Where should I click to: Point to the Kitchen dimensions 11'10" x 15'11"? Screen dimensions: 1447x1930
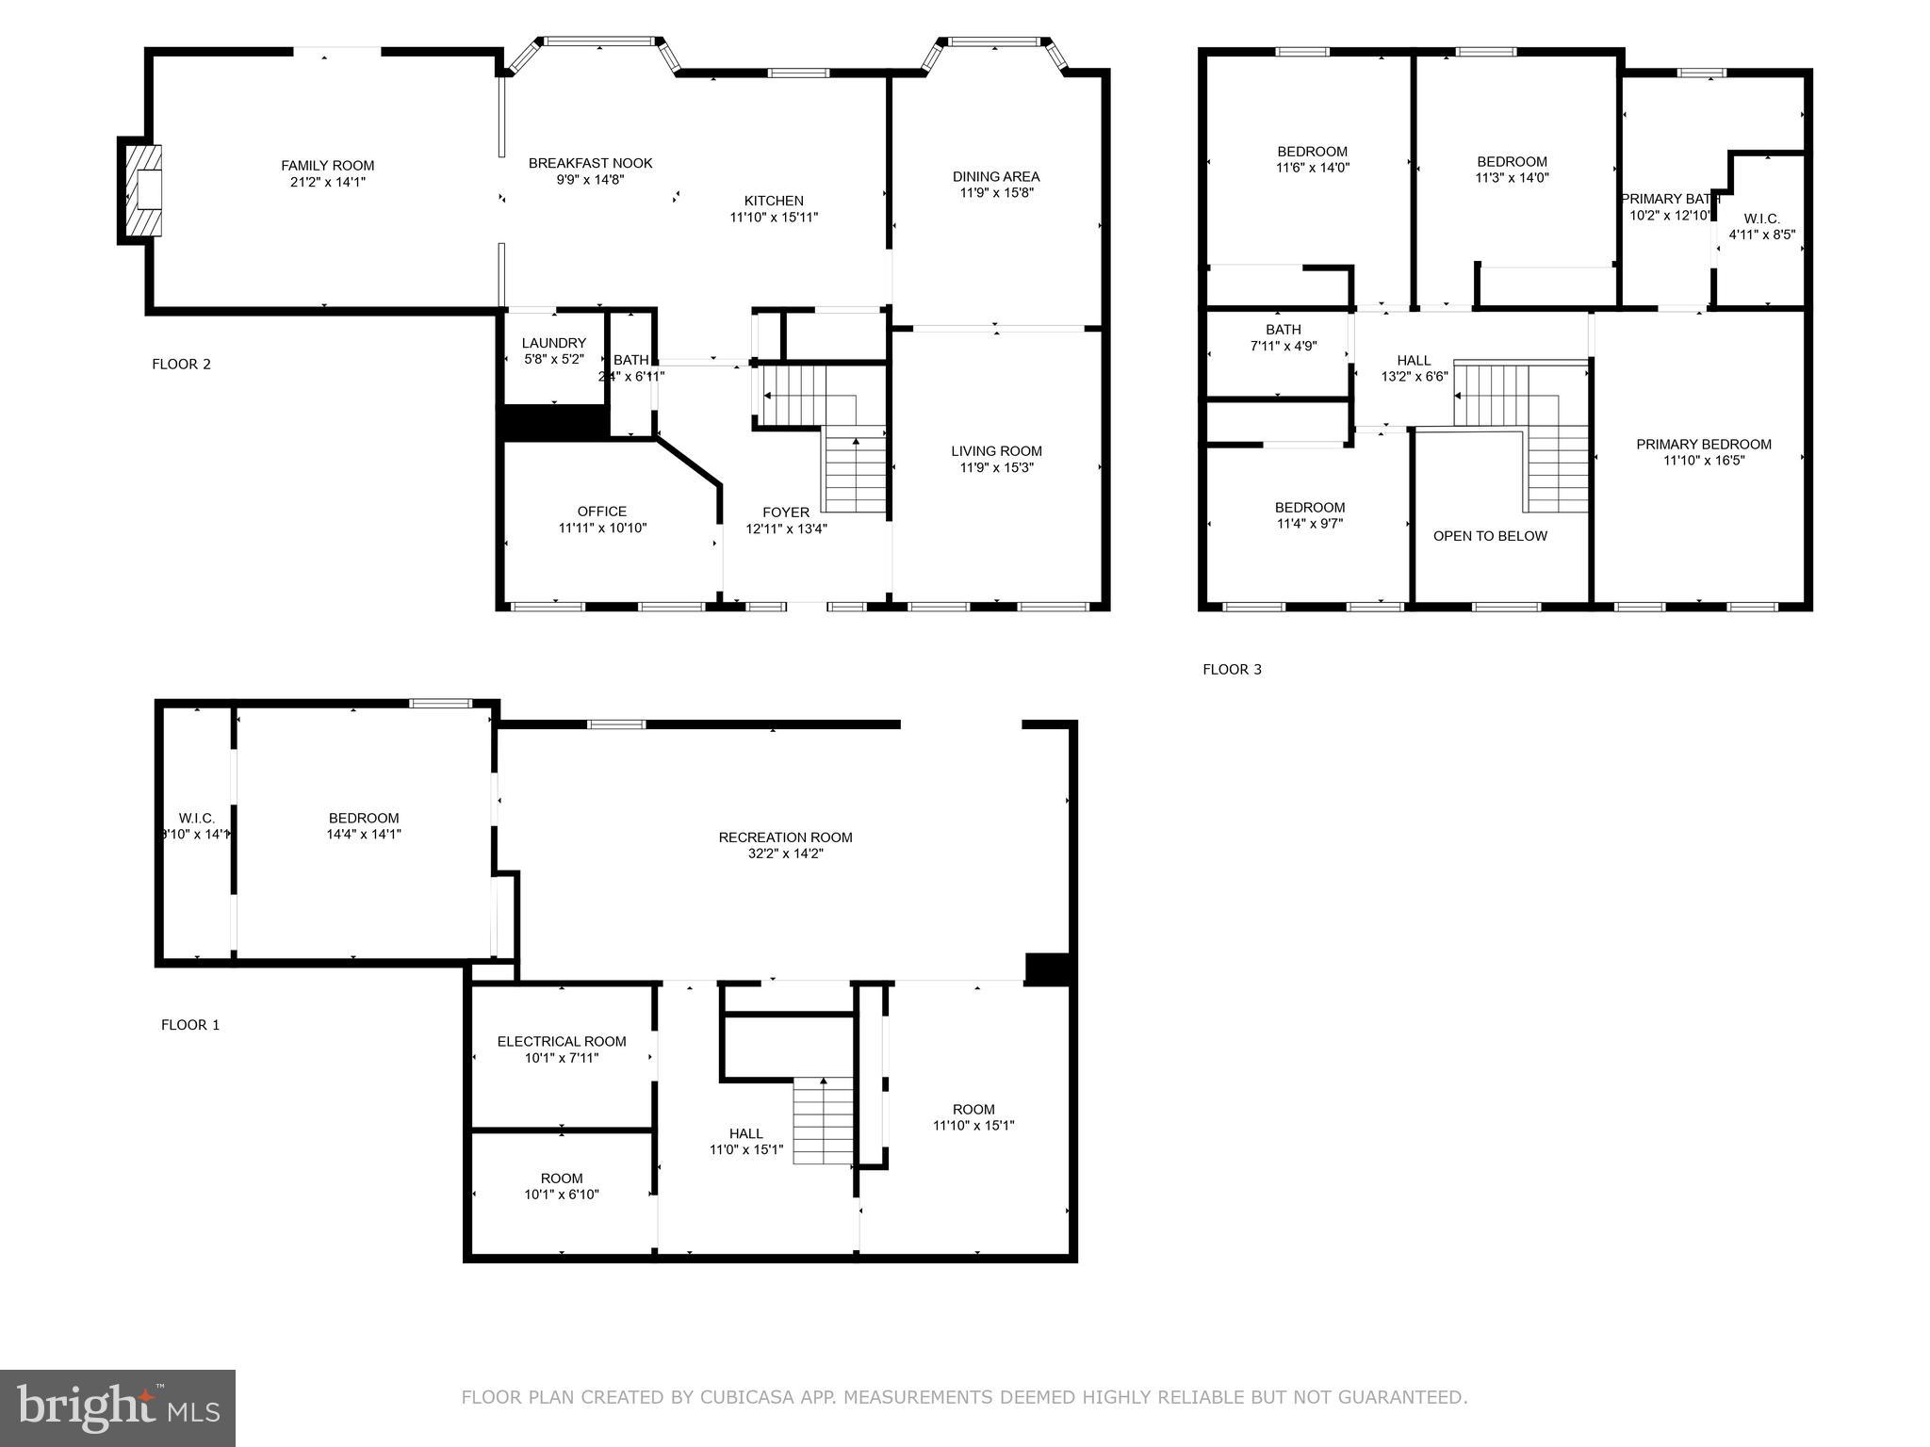coord(774,218)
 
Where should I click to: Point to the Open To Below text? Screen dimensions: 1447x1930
coord(1490,536)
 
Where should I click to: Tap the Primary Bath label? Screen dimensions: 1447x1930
coord(1670,199)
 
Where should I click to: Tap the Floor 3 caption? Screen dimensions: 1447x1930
coord(1232,670)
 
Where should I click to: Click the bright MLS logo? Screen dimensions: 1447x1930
coord(118,1408)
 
